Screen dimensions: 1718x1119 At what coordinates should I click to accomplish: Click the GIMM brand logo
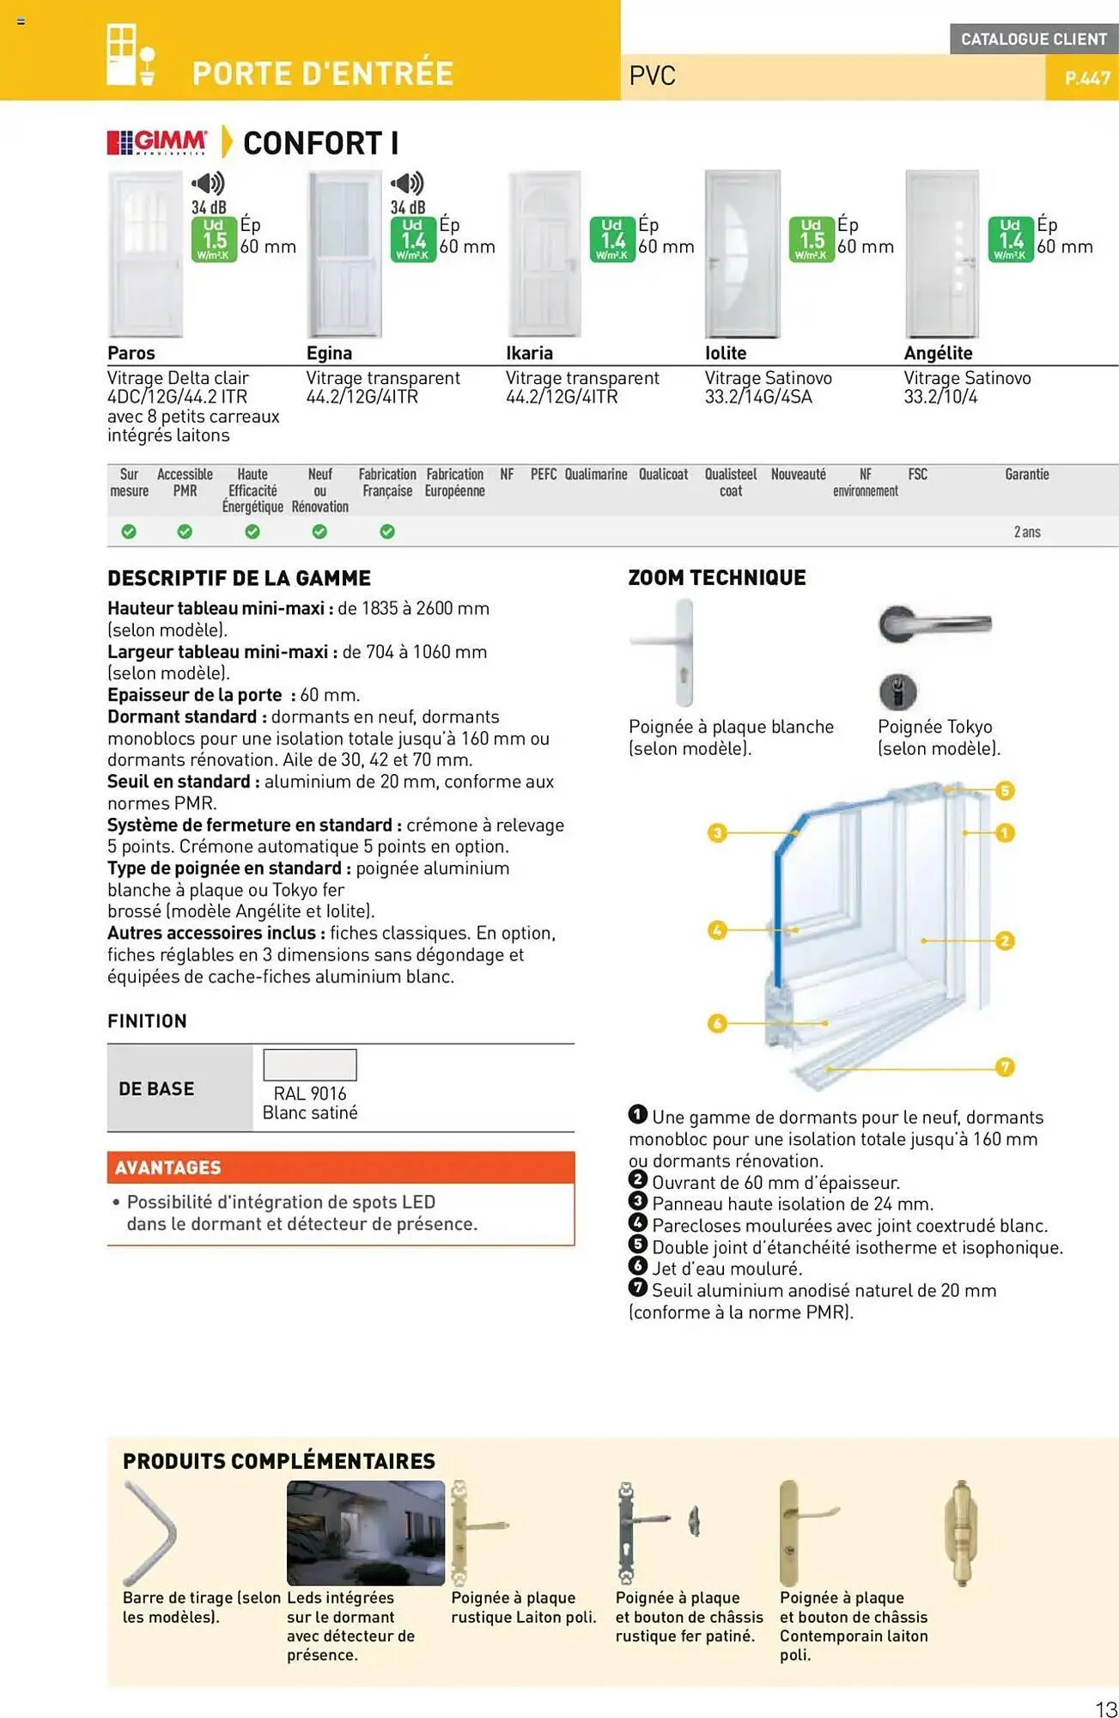(x=157, y=142)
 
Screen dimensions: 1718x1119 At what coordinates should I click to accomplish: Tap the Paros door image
(x=145, y=253)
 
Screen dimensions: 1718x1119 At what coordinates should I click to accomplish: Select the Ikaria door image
(x=544, y=253)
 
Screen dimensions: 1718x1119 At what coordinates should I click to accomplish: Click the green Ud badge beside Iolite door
(x=812, y=240)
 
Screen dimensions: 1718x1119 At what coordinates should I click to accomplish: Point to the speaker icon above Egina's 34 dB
(x=407, y=183)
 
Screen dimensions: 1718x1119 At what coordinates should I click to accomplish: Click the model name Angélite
(x=938, y=353)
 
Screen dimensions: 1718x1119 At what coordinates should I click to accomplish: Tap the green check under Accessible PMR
(x=185, y=532)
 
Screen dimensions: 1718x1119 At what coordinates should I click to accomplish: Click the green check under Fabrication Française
(x=387, y=532)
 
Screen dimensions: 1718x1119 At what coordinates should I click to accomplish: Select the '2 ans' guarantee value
(x=1026, y=532)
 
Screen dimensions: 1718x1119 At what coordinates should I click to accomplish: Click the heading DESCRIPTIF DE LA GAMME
(x=239, y=578)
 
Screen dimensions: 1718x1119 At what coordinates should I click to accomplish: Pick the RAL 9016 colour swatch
(x=309, y=1065)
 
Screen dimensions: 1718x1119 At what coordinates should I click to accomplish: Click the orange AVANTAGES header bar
(x=340, y=1167)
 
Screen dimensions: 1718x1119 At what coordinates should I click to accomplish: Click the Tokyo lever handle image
(x=934, y=624)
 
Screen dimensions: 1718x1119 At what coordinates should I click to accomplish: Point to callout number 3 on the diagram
(x=717, y=832)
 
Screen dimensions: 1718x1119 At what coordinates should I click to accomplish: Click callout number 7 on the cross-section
(x=1005, y=1067)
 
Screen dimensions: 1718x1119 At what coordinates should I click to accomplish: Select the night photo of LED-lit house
(x=366, y=1532)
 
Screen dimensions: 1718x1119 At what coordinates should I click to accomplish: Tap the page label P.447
(x=1087, y=78)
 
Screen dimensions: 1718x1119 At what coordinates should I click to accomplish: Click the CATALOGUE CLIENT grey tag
(x=1033, y=39)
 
